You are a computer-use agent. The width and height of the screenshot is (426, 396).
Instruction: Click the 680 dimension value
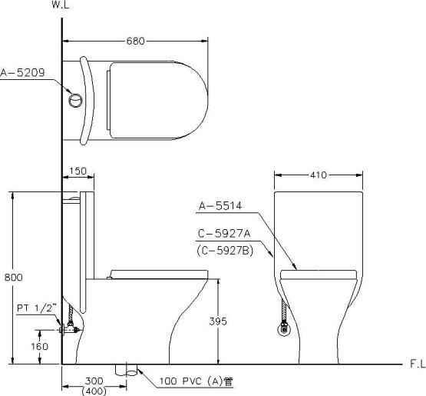click(x=136, y=41)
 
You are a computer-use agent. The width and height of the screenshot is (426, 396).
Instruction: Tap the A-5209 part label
click(x=22, y=73)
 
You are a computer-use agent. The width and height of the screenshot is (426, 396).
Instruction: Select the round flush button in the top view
click(x=75, y=101)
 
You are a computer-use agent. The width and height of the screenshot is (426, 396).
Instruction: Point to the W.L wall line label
click(x=61, y=5)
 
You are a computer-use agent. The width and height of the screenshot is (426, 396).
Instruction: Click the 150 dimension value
click(x=78, y=171)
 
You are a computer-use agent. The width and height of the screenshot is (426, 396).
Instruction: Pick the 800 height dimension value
click(x=14, y=278)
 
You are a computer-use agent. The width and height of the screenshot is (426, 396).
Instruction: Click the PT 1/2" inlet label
click(x=37, y=308)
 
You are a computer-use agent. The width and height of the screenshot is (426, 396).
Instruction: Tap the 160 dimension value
click(x=39, y=347)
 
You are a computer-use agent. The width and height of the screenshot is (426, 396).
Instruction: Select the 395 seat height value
click(x=218, y=321)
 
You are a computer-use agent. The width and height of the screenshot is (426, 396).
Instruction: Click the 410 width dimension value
click(x=319, y=175)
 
